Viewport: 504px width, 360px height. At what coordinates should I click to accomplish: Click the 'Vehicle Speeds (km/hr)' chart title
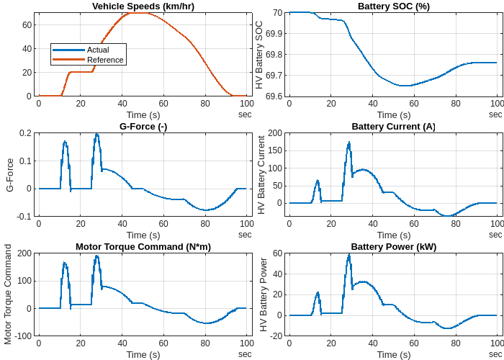click(x=143, y=6)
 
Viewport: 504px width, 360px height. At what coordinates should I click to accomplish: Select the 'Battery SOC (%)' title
click(x=393, y=6)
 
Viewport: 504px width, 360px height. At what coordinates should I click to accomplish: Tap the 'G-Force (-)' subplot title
click(x=143, y=127)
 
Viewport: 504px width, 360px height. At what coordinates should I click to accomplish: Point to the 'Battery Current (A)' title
click(x=393, y=127)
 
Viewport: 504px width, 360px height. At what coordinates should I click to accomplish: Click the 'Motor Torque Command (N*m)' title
click(x=143, y=247)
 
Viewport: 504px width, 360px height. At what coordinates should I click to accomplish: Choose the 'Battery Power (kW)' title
click(x=393, y=247)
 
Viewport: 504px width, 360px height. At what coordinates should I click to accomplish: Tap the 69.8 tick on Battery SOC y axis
click(x=274, y=55)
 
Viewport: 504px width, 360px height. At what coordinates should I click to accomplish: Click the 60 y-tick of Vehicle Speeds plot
click(x=27, y=24)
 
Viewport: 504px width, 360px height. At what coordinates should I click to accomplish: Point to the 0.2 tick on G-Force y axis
click(x=25, y=133)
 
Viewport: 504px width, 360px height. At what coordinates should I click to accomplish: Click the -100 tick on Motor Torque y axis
click(x=23, y=336)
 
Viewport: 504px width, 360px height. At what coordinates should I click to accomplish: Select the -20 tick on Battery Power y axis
click(x=275, y=336)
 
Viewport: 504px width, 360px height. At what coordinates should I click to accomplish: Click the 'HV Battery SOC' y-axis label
click(x=260, y=55)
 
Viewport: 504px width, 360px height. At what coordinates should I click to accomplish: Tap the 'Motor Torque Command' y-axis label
click(x=9, y=294)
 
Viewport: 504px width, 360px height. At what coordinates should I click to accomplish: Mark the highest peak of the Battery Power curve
click(x=349, y=254)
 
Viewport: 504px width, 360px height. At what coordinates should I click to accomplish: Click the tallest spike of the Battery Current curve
click(x=349, y=143)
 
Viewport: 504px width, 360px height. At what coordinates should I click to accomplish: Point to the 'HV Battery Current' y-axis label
click(x=260, y=176)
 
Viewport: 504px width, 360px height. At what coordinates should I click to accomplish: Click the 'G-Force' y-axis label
click(x=10, y=175)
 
